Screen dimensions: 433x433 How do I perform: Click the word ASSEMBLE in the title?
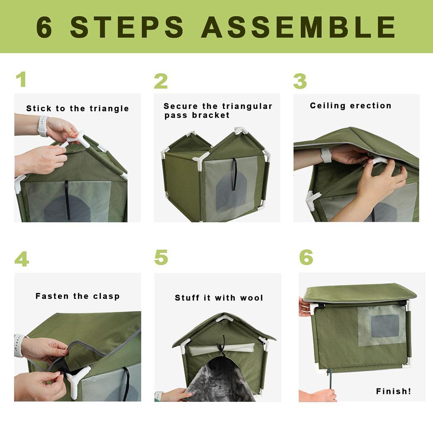pos(298,27)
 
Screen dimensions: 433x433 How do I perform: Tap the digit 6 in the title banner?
pos(44,27)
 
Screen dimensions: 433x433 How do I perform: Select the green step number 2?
pos(160,81)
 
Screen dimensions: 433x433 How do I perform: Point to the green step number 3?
pos(300,81)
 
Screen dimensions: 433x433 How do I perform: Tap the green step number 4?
pos(22,259)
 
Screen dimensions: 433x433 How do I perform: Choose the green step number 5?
pos(161,257)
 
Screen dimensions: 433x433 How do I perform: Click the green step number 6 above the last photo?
pos(306,257)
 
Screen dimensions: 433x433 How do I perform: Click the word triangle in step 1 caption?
pos(109,109)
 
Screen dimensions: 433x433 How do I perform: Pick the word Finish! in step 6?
pos(393,391)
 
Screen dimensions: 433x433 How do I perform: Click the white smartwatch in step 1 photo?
pos(43,126)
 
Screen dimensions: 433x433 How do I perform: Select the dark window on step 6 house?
pos(385,326)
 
